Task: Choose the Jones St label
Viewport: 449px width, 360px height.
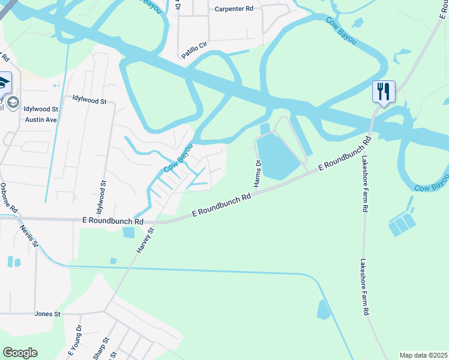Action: tap(48, 314)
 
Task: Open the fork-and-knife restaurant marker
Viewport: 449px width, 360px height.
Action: tap(384, 92)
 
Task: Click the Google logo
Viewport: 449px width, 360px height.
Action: tap(20, 353)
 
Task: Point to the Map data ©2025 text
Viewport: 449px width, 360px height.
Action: tap(423, 355)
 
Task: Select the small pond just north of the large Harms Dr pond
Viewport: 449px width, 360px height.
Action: tap(265, 128)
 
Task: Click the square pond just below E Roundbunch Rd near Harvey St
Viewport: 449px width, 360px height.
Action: tap(128, 232)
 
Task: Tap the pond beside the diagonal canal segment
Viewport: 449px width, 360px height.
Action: tap(323, 310)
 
